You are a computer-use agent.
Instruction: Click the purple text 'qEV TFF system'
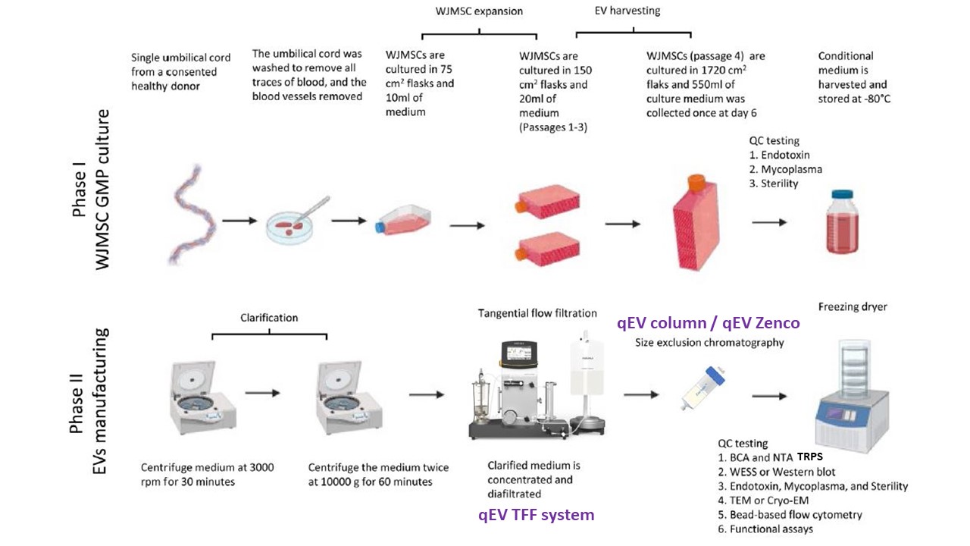(x=536, y=515)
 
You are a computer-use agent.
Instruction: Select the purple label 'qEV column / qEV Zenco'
(x=708, y=323)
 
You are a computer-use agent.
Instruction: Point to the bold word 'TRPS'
(x=810, y=457)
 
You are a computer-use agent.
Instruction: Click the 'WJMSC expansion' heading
(x=479, y=11)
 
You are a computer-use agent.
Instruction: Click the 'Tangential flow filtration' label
(x=537, y=313)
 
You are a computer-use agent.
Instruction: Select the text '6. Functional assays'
(x=765, y=529)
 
